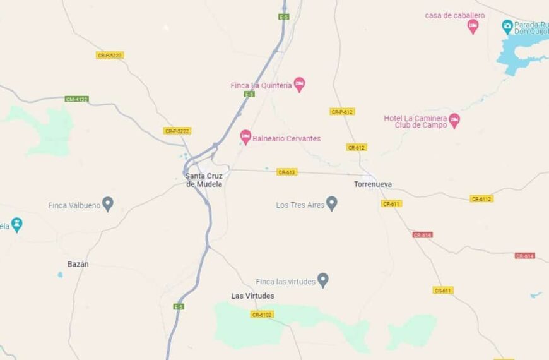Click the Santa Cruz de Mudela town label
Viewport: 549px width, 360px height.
click(x=204, y=180)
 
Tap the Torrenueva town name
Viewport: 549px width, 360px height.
click(x=373, y=184)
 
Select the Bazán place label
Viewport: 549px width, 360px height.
click(x=78, y=264)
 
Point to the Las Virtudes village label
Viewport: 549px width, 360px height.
click(x=252, y=296)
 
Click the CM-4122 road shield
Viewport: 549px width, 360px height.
click(x=77, y=99)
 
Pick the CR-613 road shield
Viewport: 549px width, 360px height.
click(x=286, y=172)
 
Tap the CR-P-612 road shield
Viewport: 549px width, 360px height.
click(x=342, y=112)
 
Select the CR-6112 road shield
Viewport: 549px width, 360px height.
click(x=481, y=199)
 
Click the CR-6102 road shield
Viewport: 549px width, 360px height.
click(x=262, y=315)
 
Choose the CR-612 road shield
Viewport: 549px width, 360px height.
click(x=357, y=147)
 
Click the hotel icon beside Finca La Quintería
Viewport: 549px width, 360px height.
click(x=300, y=84)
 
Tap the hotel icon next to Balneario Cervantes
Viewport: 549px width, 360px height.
click(x=245, y=136)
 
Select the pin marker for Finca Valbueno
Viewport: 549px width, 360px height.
click(x=108, y=203)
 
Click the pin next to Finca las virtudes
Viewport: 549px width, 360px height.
click(x=323, y=279)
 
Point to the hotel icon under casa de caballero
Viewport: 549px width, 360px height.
click(x=473, y=26)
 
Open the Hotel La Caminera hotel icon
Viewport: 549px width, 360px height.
click(x=454, y=119)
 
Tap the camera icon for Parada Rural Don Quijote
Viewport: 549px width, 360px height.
click(x=507, y=27)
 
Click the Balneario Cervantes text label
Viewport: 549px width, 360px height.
click(x=286, y=138)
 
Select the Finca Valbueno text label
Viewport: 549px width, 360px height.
click(x=74, y=205)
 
